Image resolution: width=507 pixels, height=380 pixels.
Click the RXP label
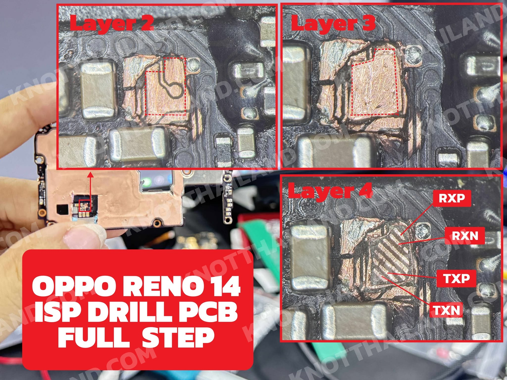452,198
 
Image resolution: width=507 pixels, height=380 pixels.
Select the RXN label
465,236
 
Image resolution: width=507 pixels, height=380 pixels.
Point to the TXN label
446,310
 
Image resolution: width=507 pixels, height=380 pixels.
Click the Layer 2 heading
112,23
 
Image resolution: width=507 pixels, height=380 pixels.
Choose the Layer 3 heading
333,23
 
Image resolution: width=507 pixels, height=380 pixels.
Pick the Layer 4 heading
330,191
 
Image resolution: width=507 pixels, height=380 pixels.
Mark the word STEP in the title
178,337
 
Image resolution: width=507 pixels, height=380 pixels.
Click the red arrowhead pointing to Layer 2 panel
91,175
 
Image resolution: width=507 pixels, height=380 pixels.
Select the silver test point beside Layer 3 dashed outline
414,56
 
